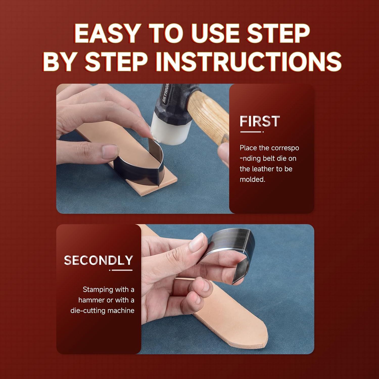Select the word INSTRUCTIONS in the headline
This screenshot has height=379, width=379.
[249, 62]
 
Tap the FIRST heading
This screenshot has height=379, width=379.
[260, 121]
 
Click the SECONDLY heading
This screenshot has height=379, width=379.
[98, 260]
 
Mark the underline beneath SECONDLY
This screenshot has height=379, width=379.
[121, 270]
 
